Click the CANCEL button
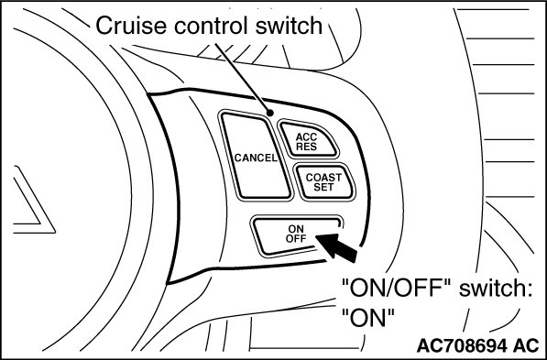[x=256, y=157]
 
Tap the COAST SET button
[x=323, y=181]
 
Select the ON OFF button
[x=297, y=235]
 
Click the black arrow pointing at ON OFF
[x=337, y=247]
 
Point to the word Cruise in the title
[x=131, y=26]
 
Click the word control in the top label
[x=211, y=26]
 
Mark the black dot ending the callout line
[x=269, y=113]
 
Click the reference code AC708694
[x=462, y=346]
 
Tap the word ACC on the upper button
[x=306, y=136]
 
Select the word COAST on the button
[x=323, y=177]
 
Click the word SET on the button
[x=323, y=187]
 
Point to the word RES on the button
[x=306, y=147]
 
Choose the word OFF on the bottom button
[x=296, y=238]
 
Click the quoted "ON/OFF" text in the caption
[x=397, y=289]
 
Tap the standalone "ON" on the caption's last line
[x=367, y=318]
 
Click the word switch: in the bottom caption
[x=496, y=289]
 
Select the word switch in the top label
[x=289, y=26]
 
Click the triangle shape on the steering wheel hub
[x=34, y=199]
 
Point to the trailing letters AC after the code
[x=526, y=346]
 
